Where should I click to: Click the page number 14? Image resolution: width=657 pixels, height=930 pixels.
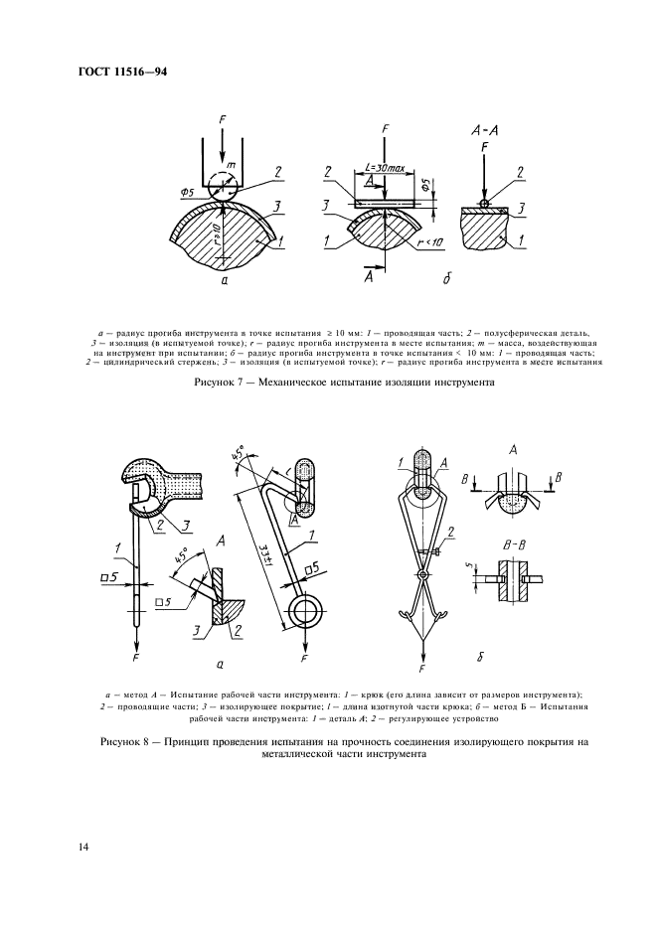tap(83, 847)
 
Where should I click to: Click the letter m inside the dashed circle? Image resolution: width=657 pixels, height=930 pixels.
tap(231, 165)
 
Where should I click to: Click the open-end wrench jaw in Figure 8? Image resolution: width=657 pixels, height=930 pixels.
tap(148, 488)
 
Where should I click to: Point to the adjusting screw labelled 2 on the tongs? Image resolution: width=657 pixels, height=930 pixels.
tap(437, 551)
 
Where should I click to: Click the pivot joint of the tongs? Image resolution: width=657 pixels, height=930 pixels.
tap(422, 575)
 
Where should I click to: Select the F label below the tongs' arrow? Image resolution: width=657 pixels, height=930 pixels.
tap(422, 670)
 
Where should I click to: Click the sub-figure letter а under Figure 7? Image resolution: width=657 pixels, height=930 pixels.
tap(226, 282)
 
